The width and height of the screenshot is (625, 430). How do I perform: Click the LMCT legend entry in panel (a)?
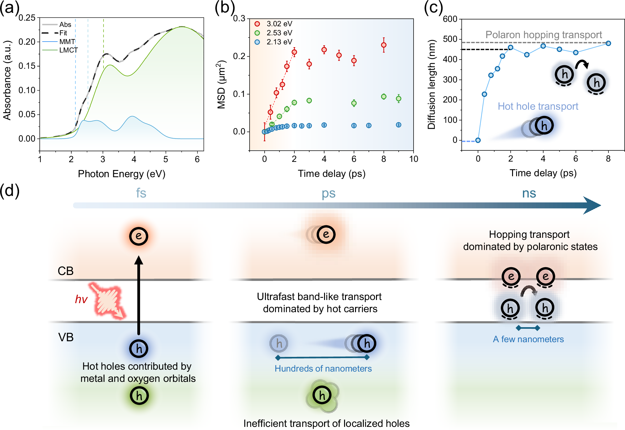68,50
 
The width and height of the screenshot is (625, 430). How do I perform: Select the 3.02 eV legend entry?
279,24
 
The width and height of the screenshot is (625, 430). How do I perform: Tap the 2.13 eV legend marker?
257,42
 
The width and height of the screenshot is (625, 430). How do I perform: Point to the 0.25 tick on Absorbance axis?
27,18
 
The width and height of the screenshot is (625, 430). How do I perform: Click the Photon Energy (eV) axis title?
121,174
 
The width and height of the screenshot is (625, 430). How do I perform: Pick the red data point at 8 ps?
384,45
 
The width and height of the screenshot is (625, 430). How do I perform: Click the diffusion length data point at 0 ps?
478,140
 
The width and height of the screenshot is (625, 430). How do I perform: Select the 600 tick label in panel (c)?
450,19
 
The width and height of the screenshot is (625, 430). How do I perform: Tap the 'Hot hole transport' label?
538,106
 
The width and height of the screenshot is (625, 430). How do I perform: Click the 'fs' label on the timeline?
141,193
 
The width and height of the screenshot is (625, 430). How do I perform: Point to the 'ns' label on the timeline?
529,193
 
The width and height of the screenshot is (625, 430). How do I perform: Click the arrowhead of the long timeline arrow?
591,205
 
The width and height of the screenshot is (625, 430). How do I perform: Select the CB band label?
65,271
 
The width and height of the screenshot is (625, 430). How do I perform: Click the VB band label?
66,337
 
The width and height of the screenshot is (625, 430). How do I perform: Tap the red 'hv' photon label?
81,299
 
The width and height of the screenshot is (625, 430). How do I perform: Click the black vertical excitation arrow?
139,297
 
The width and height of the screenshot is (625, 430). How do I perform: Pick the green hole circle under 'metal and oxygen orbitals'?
139,396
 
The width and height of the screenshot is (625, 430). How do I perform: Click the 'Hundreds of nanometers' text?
323,369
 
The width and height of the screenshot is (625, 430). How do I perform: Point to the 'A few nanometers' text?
528,339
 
